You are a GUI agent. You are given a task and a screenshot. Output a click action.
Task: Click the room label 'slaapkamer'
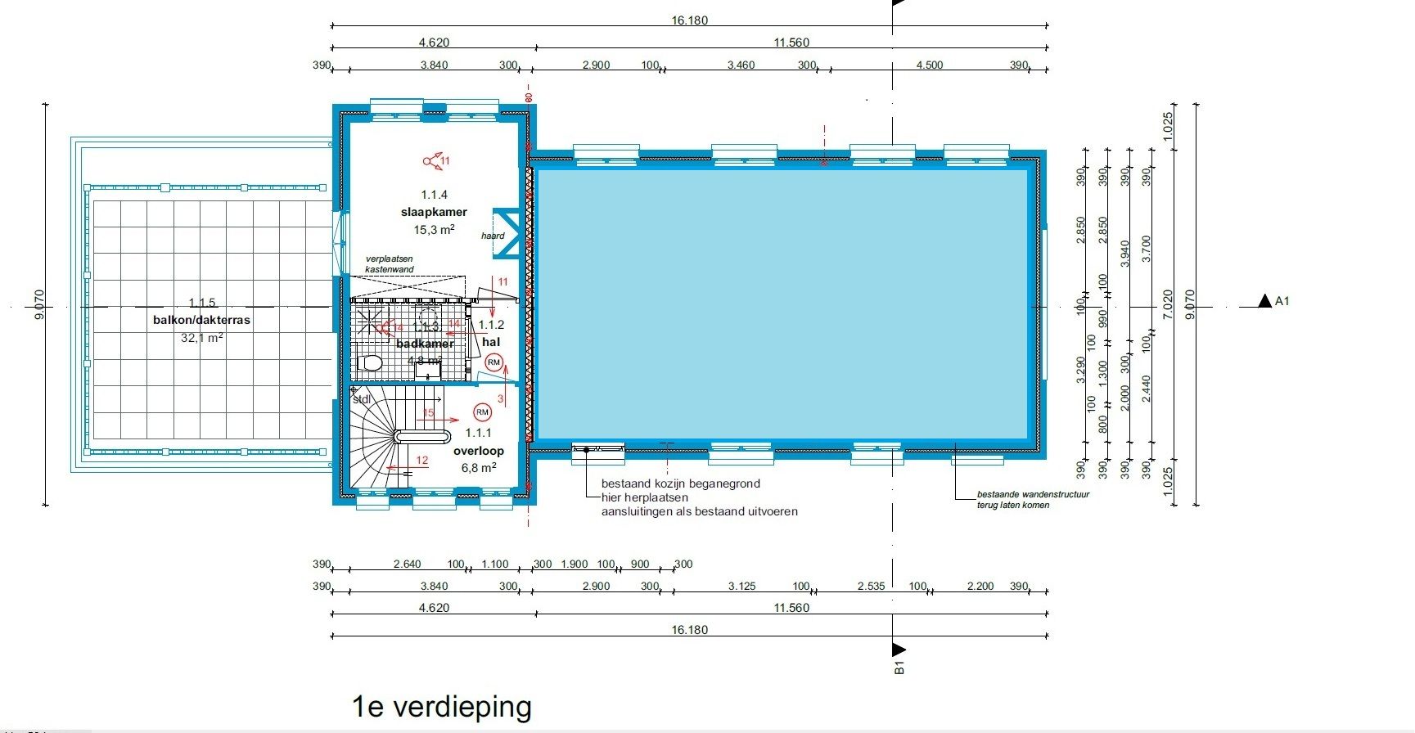coord(434,212)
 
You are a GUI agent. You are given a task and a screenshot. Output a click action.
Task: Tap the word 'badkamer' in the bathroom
coord(425,344)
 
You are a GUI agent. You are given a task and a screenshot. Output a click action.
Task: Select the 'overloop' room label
coord(479,451)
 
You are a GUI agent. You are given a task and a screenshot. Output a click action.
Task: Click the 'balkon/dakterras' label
coord(201,320)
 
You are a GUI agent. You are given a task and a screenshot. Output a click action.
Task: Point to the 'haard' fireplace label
coord(493,236)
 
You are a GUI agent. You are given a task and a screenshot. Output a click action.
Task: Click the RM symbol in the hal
coord(493,362)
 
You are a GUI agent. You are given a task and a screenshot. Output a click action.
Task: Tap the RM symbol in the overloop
coord(482,412)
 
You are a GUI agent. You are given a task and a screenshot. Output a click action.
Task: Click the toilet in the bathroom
coord(372,362)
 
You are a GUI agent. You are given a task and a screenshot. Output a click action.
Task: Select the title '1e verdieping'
coord(442,706)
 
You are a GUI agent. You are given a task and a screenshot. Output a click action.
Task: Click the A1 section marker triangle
coord(1266,301)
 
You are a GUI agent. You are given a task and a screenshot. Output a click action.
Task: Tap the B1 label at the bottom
coord(899,668)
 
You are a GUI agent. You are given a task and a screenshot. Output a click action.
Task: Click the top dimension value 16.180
coord(689,20)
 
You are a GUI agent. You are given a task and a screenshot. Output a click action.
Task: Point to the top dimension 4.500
coord(929,65)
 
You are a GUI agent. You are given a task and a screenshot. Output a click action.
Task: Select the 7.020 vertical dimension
coord(1168,304)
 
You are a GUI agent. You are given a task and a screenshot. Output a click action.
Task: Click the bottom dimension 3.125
coord(741,587)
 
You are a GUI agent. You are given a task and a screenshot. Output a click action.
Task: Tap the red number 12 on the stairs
coord(421,461)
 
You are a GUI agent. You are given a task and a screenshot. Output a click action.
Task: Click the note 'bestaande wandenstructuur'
coord(1033,494)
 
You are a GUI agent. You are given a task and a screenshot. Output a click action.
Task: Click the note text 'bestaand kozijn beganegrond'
coord(681,483)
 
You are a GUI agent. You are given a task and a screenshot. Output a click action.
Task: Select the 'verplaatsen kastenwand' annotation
coord(390,263)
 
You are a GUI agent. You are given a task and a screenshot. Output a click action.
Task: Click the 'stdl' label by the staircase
coord(362,399)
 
